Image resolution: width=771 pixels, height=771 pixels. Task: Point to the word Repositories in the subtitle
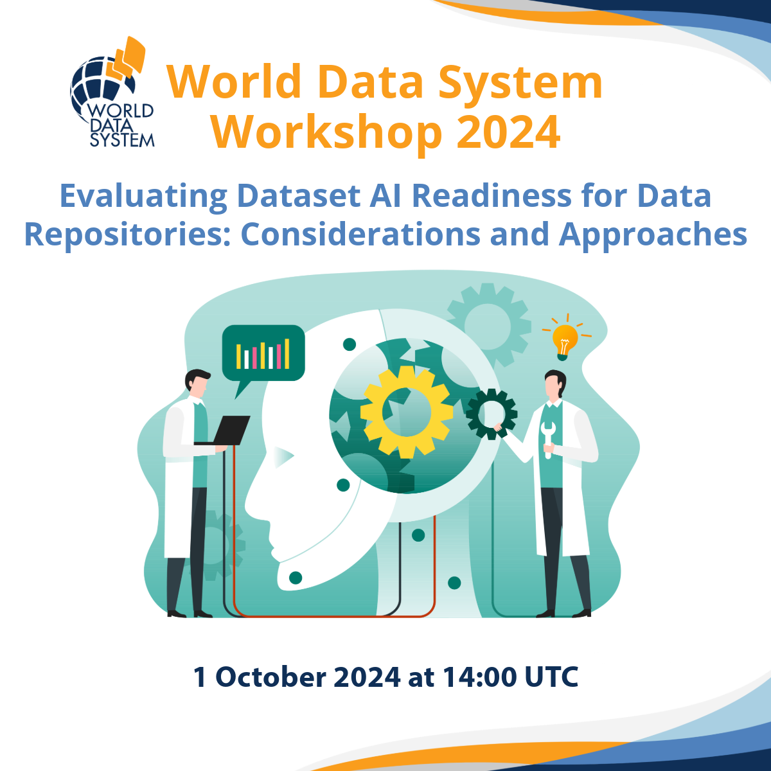127,235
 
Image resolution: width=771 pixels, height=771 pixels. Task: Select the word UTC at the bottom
551,677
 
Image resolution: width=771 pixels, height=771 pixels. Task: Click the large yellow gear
406,411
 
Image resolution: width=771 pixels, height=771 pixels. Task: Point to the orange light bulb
565,339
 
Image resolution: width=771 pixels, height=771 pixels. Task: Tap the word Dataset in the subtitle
298,196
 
